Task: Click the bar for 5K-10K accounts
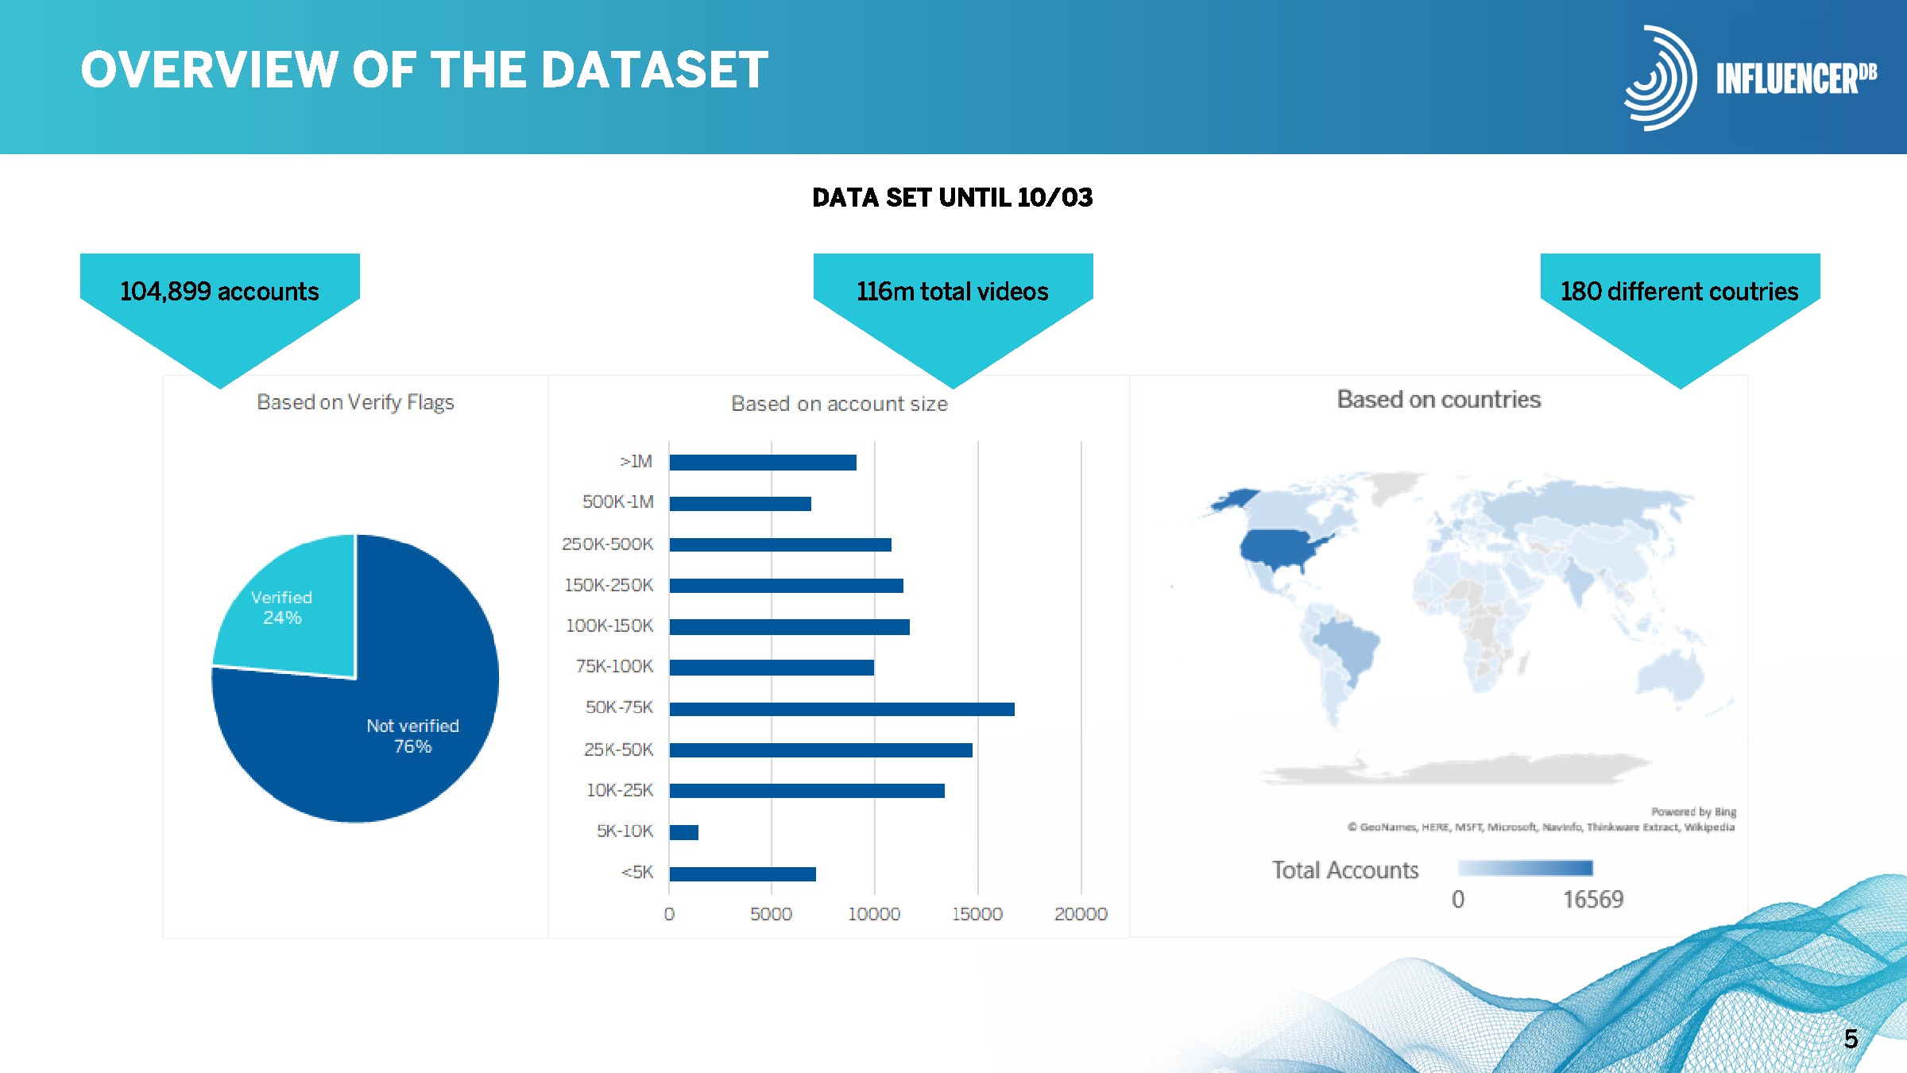point(683,832)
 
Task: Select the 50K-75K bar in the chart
point(841,709)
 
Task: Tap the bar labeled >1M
point(763,463)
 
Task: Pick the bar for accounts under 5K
point(742,874)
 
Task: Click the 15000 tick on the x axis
point(977,914)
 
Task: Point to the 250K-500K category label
point(607,544)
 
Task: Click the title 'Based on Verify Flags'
point(355,402)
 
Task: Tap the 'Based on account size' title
point(839,404)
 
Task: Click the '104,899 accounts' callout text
point(219,292)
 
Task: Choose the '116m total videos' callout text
point(952,292)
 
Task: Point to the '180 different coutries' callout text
point(1679,292)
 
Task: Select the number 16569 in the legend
point(1593,900)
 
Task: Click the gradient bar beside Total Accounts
point(1526,868)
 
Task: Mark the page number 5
point(1851,1039)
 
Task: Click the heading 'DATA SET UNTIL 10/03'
point(952,197)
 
